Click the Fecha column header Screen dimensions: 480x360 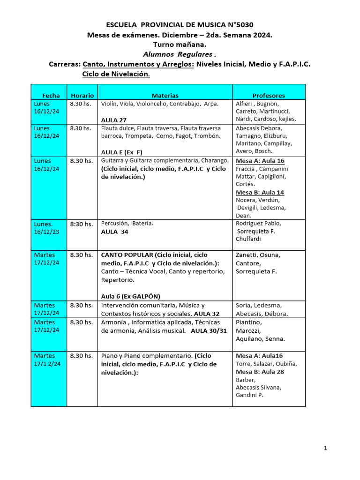click(x=51, y=95)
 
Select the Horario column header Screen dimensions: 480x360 click(x=82, y=95)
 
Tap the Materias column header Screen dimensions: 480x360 click(x=165, y=95)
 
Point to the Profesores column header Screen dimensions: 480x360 click(x=269, y=95)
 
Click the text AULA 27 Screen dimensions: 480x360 click(x=114, y=120)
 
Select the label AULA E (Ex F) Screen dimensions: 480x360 click(x=122, y=152)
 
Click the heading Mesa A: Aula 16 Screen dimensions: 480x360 click(x=260, y=161)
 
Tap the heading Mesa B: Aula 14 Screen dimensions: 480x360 click(x=260, y=192)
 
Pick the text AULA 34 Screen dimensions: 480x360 click(x=114, y=232)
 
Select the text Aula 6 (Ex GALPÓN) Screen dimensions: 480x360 click(x=130, y=296)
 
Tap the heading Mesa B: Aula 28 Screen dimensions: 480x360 click(x=260, y=372)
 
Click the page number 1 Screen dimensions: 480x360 click(x=325, y=449)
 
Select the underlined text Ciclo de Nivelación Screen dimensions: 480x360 click(x=116, y=74)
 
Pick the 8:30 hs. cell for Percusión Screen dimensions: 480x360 click(x=81, y=224)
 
